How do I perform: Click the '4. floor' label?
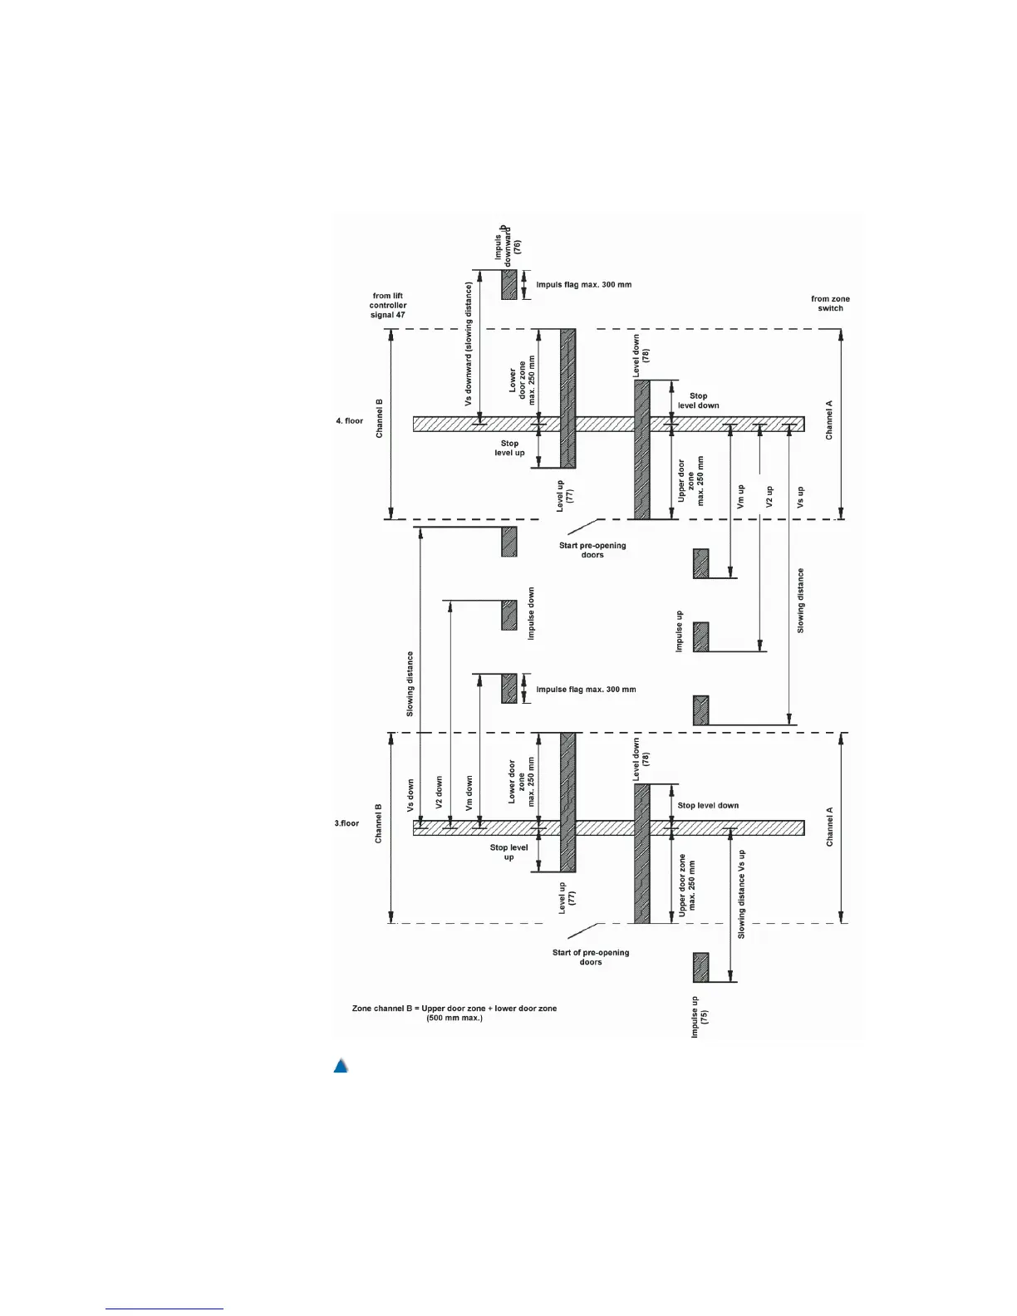tap(350, 421)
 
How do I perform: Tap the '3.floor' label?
tap(347, 823)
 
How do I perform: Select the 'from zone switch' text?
tap(830, 303)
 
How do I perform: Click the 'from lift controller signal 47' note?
tap(388, 305)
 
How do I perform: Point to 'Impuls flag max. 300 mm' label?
tap(583, 285)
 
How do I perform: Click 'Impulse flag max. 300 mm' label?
tap(586, 690)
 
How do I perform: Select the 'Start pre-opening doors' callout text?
tap(592, 550)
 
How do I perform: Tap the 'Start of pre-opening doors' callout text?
tap(591, 957)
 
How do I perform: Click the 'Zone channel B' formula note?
tap(454, 1013)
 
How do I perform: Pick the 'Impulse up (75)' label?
tap(699, 1018)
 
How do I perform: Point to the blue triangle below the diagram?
tap(341, 1066)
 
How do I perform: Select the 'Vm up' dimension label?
tap(741, 497)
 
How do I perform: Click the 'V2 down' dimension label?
tap(439, 793)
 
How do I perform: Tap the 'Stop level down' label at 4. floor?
tap(698, 400)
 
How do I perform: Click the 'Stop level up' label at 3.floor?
tap(508, 852)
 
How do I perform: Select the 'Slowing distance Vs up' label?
tap(741, 894)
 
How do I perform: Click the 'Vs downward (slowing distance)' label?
tap(469, 344)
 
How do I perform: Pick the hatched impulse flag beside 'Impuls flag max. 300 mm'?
tap(508, 284)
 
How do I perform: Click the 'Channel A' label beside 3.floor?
tap(829, 827)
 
